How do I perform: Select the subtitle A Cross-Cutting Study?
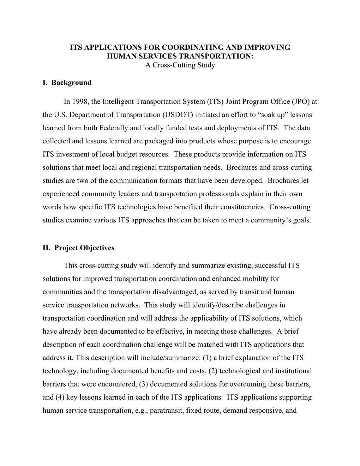(180, 65)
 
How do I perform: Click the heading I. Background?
(67, 83)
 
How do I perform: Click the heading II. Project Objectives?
(78, 248)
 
